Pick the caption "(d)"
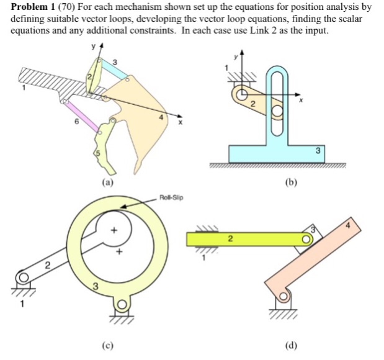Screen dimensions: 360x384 292,346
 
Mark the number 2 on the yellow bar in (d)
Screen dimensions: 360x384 230,238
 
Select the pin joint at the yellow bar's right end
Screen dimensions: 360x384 305,239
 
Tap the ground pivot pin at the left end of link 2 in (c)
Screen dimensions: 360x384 23,277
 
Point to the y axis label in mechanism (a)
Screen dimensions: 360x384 92,47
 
